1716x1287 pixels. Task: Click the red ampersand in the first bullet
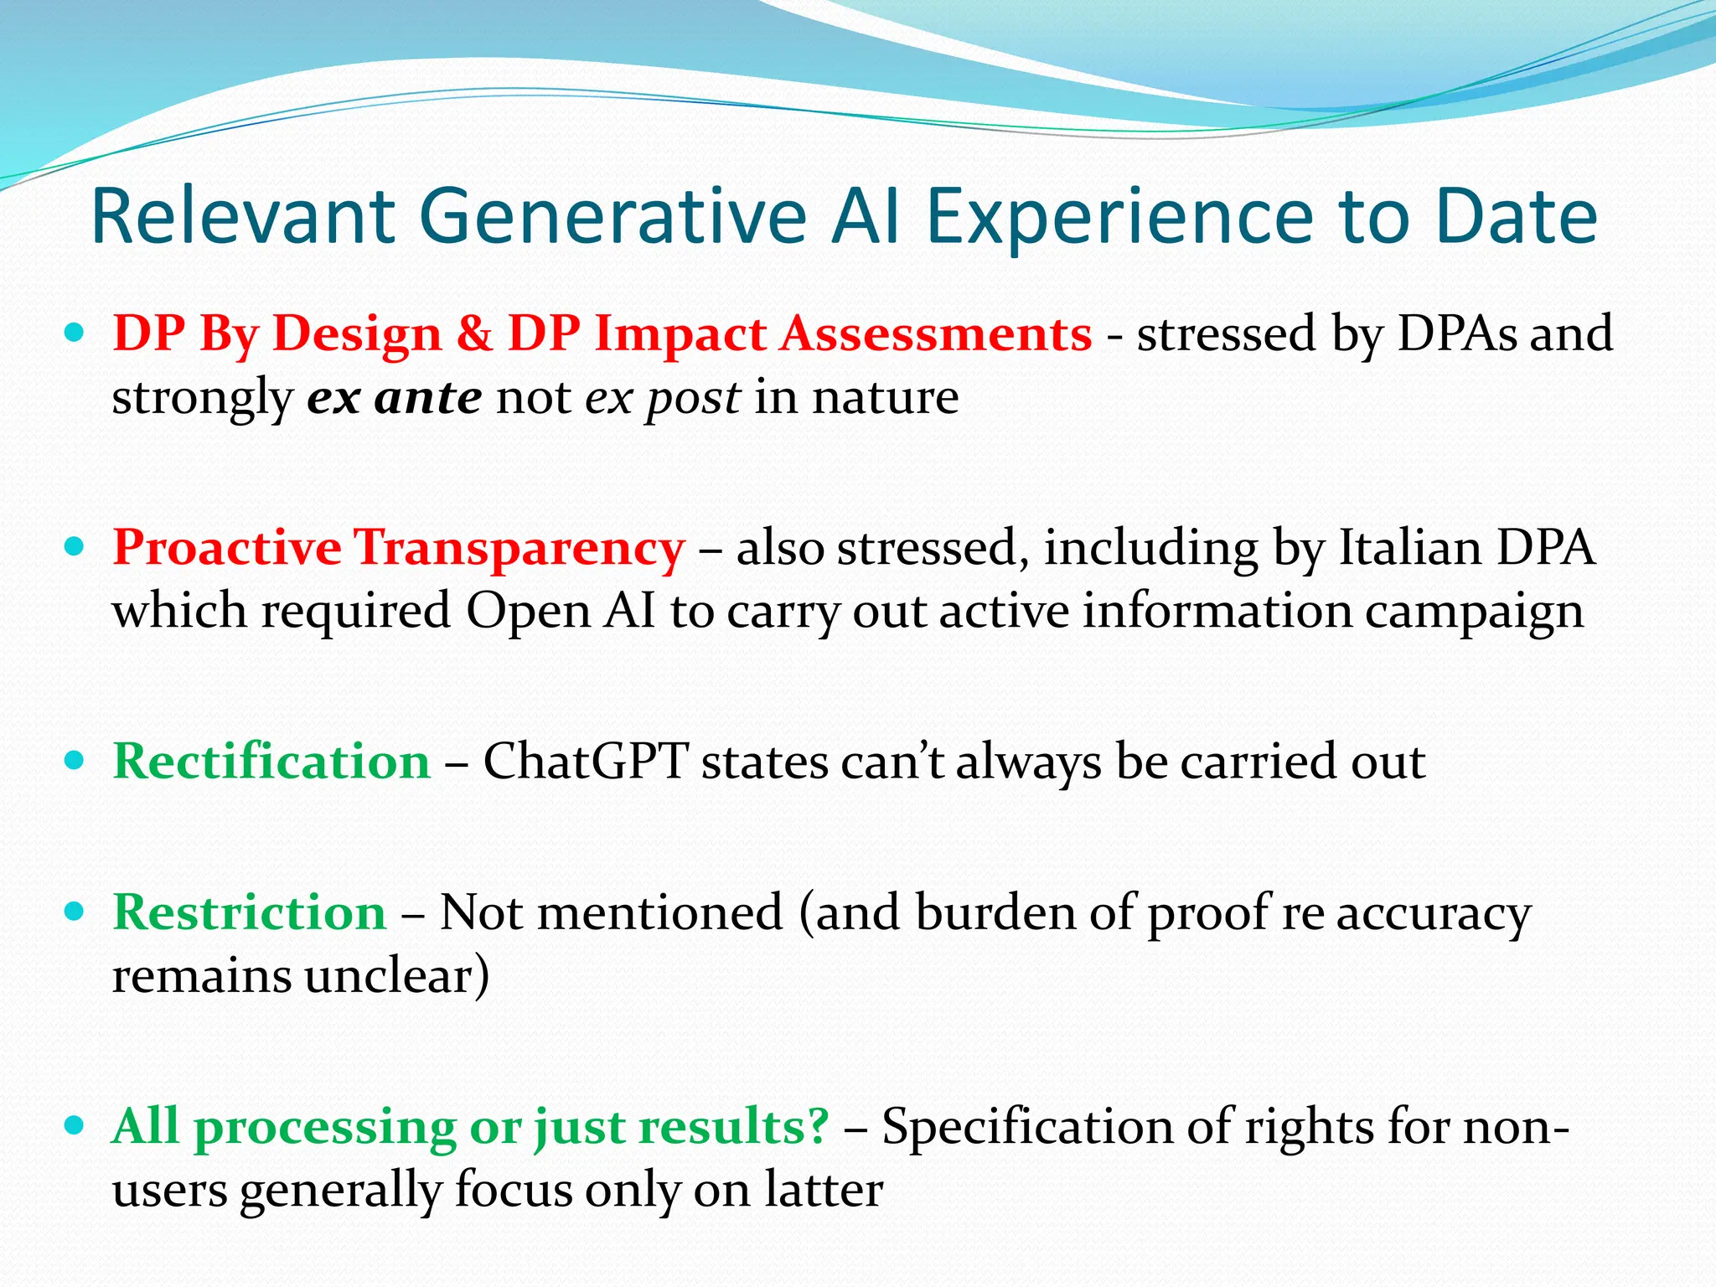click(x=474, y=333)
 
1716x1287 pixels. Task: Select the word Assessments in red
click(x=936, y=333)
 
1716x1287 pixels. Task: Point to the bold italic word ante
click(x=427, y=397)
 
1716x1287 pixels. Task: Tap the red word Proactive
click(x=226, y=548)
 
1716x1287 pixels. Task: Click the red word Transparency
click(x=519, y=550)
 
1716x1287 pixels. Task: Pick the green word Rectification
click(x=271, y=762)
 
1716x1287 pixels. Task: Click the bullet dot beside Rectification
click(x=75, y=761)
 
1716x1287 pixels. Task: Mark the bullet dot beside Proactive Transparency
click(x=75, y=547)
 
